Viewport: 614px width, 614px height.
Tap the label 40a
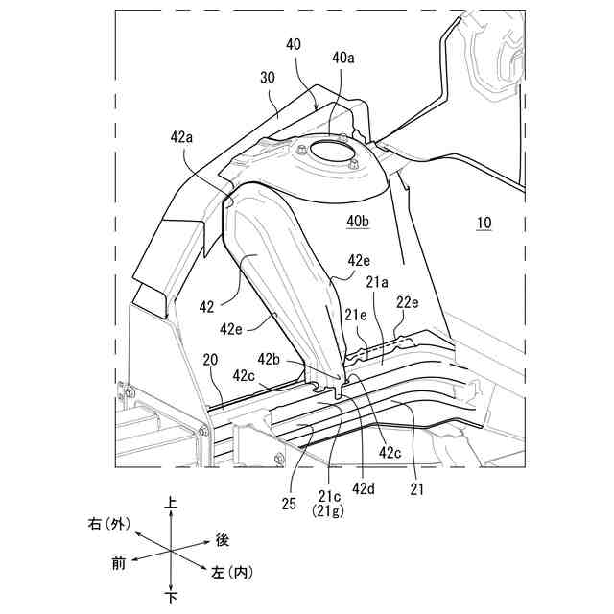[343, 58]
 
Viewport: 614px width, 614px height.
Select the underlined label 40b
[357, 223]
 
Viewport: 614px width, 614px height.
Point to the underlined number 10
[484, 223]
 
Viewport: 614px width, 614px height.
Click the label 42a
[181, 137]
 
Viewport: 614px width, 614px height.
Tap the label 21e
[356, 314]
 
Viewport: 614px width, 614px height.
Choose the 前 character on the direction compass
[119, 564]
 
